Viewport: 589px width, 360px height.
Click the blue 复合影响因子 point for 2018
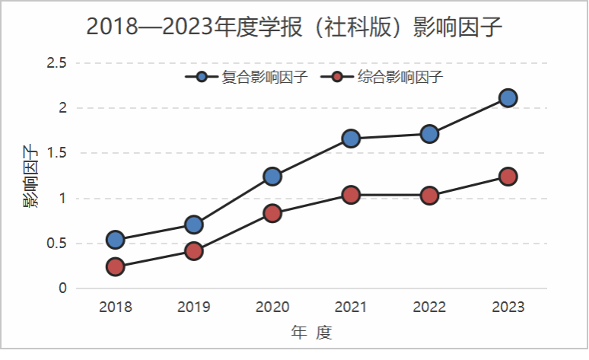click(x=116, y=240)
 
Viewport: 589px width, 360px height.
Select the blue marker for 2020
click(x=272, y=177)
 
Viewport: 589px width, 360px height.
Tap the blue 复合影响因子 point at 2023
click(x=508, y=97)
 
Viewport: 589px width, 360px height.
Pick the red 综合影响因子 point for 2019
click(x=194, y=251)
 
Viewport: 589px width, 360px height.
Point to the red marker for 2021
click(x=351, y=195)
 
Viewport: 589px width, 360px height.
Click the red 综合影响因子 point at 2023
click(x=508, y=177)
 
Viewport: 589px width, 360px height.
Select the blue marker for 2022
click(x=429, y=134)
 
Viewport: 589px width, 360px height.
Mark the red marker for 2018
click(x=116, y=266)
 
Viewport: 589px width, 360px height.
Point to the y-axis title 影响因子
click(x=30, y=176)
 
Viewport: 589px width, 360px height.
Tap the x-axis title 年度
click(x=312, y=333)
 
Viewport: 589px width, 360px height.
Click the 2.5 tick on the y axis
click(x=57, y=62)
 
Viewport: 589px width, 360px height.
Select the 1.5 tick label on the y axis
click(x=57, y=153)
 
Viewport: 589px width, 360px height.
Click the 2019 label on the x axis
click(x=194, y=307)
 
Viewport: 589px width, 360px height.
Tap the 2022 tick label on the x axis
click(x=429, y=307)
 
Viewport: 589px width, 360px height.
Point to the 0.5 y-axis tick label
click(x=57, y=244)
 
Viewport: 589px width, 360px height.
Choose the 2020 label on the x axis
click(x=272, y=307)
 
